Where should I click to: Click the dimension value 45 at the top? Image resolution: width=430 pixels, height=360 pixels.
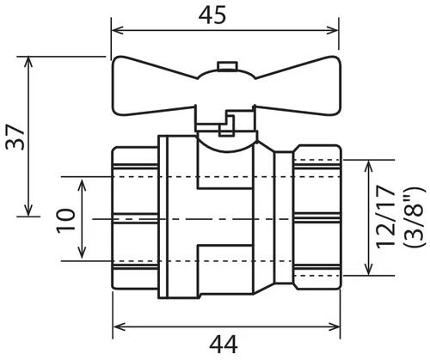click(x=212, y=15)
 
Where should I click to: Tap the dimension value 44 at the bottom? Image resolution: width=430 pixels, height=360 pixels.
click(x=224, y=345)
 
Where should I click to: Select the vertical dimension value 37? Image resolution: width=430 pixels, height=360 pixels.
click(x=15, y=137)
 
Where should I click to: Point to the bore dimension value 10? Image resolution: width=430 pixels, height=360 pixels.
click(x=65, y=221)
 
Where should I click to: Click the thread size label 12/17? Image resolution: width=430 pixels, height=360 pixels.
click(x=385, y=217)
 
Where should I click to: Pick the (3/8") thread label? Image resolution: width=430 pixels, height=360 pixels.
click(x=414, y=217)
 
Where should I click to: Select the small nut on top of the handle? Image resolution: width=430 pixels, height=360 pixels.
click(x=227, y=65)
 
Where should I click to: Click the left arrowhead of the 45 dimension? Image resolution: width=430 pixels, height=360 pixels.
click(x=118, y=30)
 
